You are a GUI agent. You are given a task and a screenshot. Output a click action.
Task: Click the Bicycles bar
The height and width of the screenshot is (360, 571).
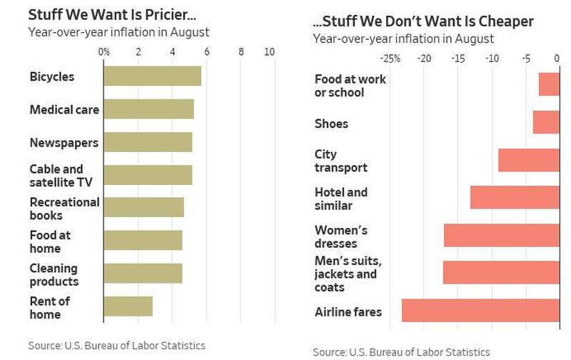coord(152,76)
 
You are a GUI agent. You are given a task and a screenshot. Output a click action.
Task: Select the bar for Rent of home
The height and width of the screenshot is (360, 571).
coord(128,306)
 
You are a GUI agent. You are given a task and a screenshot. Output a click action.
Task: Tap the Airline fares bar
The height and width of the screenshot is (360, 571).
coord(480,311)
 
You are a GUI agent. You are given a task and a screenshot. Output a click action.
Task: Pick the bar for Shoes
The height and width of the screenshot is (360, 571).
coord(546,122)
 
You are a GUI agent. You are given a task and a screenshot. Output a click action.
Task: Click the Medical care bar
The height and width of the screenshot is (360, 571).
coord(148,109)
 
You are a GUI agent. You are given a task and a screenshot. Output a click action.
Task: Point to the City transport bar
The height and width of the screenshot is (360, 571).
coord(528,160)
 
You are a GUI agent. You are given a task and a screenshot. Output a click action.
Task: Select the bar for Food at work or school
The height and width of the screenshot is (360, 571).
coord(549,84)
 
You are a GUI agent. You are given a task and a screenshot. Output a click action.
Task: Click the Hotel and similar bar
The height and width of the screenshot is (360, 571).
coord(515,197)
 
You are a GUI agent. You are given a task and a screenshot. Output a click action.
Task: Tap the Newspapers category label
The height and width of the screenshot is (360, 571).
coord(64,143)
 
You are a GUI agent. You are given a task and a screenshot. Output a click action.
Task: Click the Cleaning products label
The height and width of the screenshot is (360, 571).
coord(54,274)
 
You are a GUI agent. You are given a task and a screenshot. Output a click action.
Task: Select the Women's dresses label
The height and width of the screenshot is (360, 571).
coord(341,236)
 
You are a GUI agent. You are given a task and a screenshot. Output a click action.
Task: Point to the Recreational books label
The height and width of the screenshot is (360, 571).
coord(64,209)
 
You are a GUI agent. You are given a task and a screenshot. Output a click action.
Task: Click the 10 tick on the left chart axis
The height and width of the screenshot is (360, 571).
coord(269,52)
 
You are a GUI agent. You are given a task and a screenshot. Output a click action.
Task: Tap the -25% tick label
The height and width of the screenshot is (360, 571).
coord(390,59)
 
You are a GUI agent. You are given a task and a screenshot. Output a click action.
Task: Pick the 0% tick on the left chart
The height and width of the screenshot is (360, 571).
coord(104,52)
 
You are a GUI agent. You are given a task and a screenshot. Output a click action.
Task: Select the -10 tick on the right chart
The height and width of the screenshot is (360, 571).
coord(492,59)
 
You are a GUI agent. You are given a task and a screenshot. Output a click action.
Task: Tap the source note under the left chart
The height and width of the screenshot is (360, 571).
coord(116,345)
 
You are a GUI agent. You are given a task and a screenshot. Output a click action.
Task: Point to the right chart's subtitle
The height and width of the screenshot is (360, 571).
coord(403,39)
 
